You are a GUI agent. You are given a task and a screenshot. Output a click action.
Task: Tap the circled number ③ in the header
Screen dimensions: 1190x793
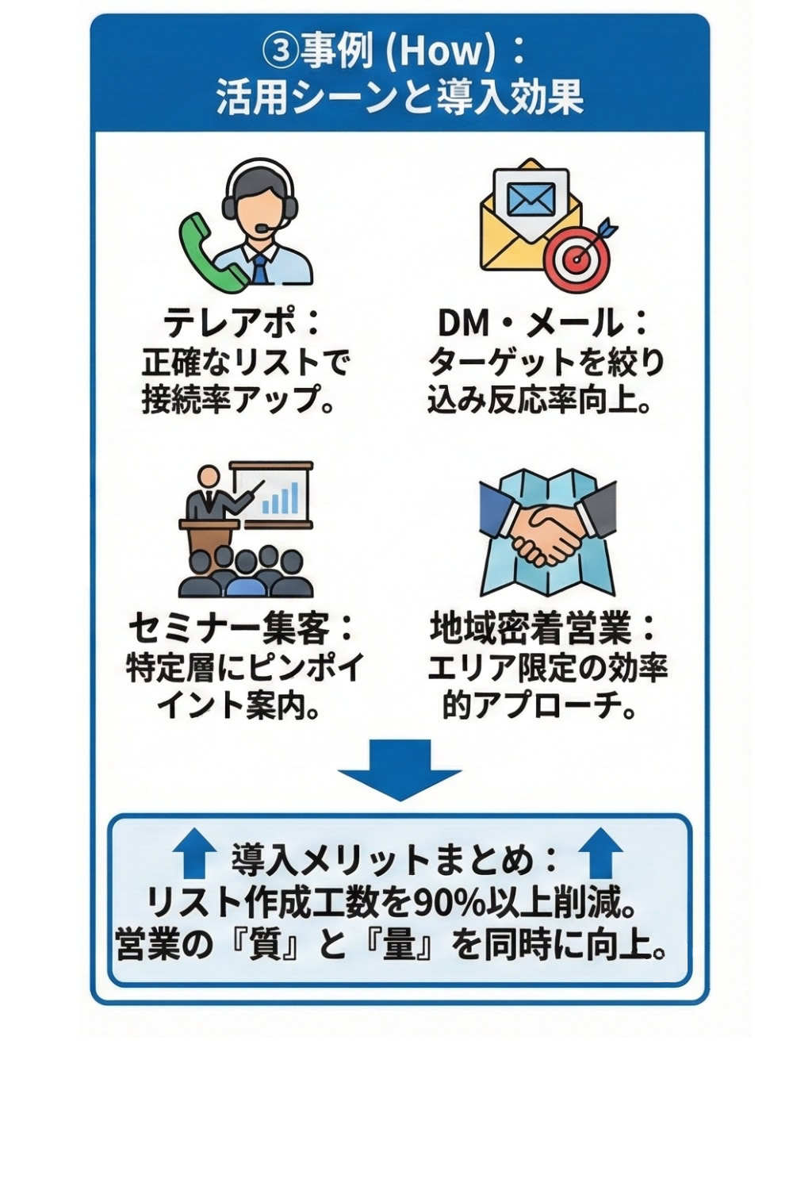click(x=281, y=52)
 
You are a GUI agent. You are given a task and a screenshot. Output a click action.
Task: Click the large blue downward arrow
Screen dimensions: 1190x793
click(x=400, y=768)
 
